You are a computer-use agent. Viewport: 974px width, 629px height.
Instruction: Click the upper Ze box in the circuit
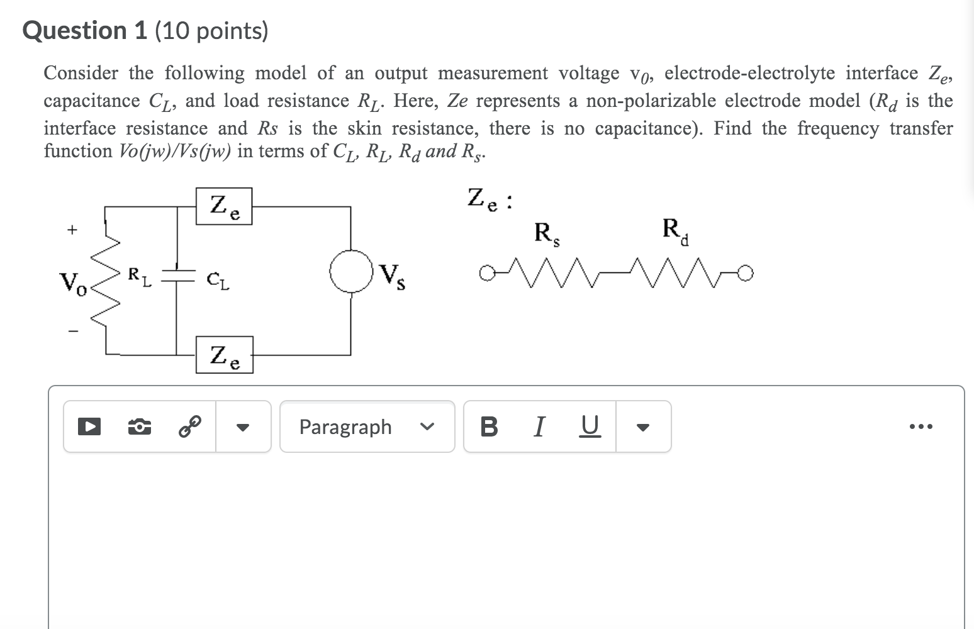[x=224, y=206]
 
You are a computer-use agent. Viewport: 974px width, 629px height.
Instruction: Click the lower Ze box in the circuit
[x=224, y=355]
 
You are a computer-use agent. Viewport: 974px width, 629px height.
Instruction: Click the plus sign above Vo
[x=73, y=230]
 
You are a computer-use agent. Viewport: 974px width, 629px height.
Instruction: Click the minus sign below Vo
[x=73, y=331]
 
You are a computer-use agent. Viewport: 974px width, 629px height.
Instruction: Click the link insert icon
[x=189, y=427]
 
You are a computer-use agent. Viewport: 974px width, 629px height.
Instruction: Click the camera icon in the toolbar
[x=139, y=427]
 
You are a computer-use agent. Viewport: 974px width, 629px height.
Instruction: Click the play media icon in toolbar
[x=89, y=427]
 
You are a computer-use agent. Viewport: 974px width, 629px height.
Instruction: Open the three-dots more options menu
[x=921, y=427]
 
